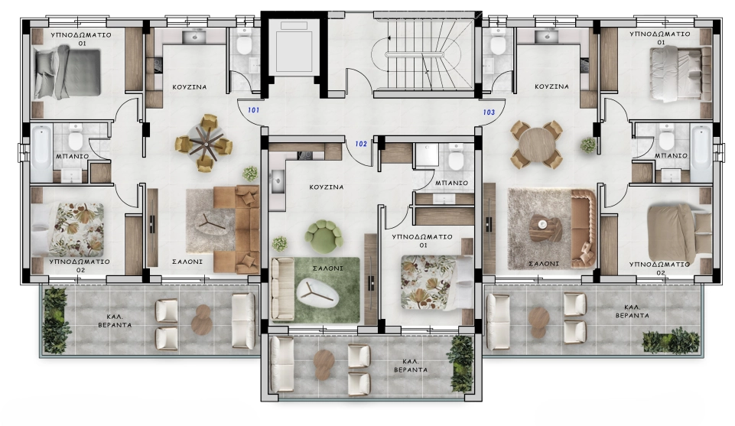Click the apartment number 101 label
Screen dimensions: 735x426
[254, 110]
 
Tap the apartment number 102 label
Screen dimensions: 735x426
[361, 144]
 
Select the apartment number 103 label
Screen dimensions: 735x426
[489, 112]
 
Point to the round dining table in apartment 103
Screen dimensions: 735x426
[537, 145]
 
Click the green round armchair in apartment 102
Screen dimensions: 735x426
[324, 233]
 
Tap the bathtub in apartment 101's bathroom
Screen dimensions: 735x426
[42, 152]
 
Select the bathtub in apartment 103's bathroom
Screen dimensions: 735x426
[701, 153]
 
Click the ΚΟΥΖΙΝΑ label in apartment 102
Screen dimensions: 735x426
[327, 187]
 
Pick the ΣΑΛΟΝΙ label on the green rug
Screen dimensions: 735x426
[327, 268]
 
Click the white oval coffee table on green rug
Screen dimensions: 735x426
[318, 293]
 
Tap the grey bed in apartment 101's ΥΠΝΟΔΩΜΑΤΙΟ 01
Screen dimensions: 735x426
[67, 72]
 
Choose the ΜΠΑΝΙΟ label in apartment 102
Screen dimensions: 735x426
[451, 183]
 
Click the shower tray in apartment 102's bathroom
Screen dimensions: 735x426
[426, 155]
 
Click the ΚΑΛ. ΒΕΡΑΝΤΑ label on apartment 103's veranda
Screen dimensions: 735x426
[632, 311]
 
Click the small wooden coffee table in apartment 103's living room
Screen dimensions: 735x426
[545, 229]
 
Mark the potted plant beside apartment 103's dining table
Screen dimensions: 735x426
[588, 145]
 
